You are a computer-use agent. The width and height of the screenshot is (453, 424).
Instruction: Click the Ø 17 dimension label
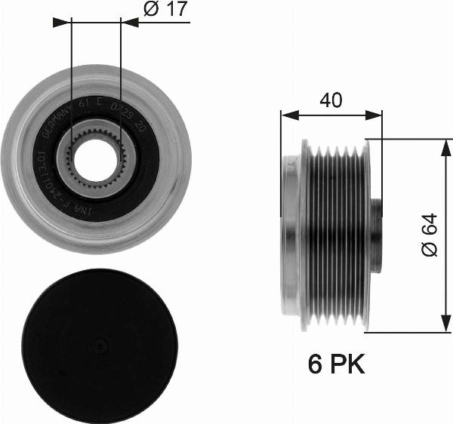165,9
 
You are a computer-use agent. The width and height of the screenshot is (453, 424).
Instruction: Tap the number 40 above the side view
329,100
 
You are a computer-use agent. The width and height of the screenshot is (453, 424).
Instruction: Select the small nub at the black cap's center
99,346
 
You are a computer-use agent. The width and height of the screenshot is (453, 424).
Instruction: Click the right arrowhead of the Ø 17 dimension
129,23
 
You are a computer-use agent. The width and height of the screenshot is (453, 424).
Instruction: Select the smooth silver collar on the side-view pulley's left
290,235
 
